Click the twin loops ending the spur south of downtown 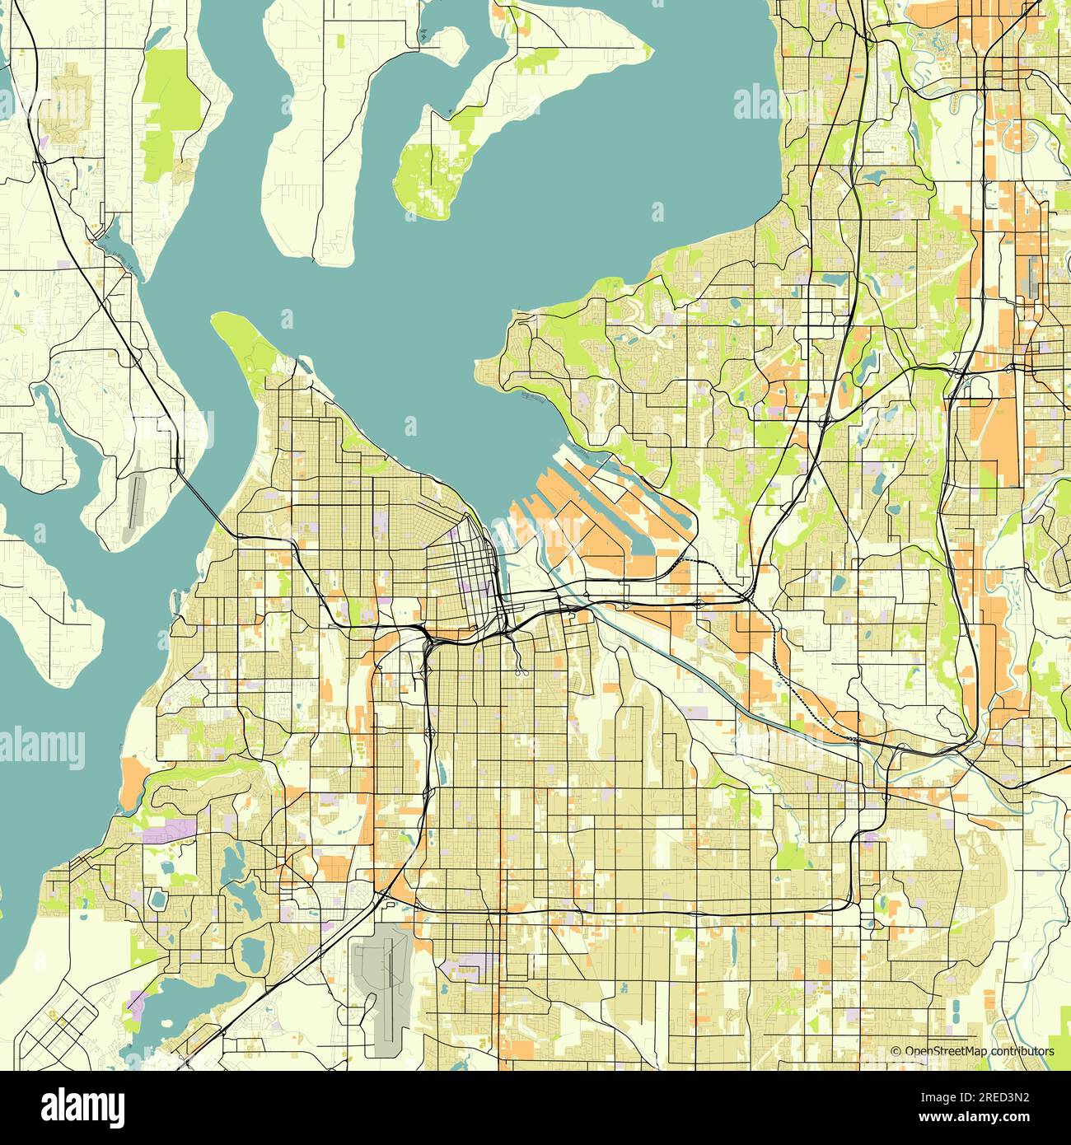[x=519, y=671]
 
